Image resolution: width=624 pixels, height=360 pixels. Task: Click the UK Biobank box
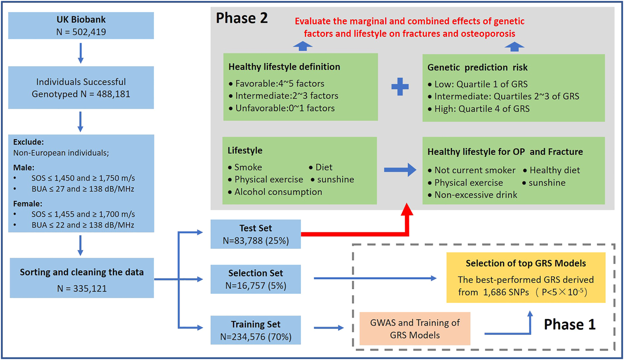[81, 25]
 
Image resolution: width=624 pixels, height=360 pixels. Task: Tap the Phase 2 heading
[242, 18]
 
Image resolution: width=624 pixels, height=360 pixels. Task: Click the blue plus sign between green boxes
[400, 87]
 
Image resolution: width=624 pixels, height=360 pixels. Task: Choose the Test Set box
[256, 234]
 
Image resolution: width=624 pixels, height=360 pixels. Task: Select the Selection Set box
[256, 279]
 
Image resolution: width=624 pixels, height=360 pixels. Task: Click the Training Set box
[256, 330]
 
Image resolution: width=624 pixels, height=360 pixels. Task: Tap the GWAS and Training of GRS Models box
[415, 328]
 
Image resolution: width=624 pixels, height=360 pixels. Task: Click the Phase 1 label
[570, 324]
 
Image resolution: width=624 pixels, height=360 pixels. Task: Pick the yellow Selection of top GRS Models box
[526, 277]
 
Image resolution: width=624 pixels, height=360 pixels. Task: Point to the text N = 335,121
[82, 288]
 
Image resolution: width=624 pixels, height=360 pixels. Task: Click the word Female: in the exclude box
[28, 204]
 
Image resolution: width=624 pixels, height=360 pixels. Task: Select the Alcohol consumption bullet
[275, 192]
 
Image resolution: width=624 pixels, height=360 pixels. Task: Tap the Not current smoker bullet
[472, 170]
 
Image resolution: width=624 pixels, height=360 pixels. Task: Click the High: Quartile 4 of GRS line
[479, 109]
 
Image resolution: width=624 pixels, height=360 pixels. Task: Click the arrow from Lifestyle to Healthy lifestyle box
[400, 170]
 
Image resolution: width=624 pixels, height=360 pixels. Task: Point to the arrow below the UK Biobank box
[80, 53]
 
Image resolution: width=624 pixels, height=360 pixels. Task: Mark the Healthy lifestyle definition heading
[284, 66]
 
